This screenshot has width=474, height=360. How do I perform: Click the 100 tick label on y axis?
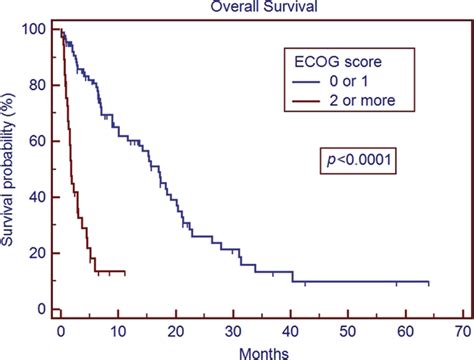coord(34,30)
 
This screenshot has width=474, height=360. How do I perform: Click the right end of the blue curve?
coord(428,282)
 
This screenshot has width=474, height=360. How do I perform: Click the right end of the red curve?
coord(124,272)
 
